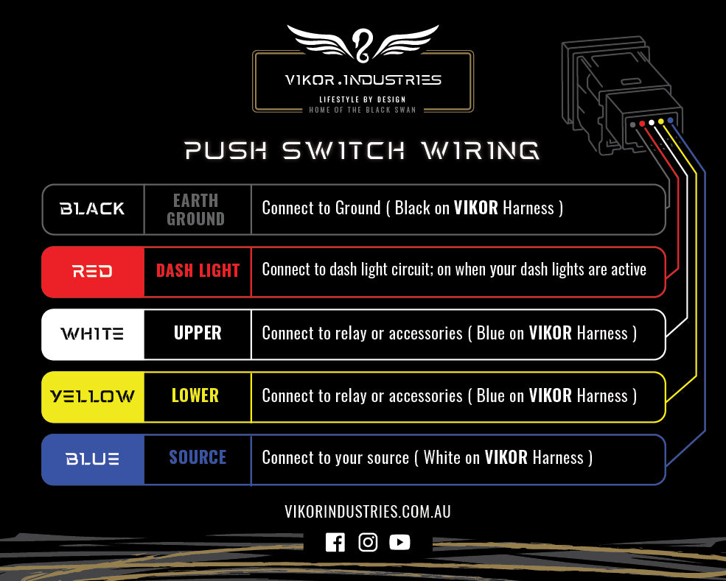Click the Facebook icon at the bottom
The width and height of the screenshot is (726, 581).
click(335, 543)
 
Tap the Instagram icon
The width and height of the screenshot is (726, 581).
click(368, 543)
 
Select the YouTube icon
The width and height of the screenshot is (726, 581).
click(399, 543)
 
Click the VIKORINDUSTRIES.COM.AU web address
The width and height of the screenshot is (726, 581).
click(367, 511)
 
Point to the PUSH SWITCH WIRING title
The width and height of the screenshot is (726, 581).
click(362, 151)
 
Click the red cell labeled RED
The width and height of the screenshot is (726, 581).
click(93, 272)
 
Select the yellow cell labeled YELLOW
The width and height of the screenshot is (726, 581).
click(93, 397)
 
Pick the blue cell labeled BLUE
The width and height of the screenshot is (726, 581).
click(93, 459)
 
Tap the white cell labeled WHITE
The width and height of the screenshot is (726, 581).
click(93, 334)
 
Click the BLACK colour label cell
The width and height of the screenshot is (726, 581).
click(93, 209)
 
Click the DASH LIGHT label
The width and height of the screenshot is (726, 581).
click(198, 271)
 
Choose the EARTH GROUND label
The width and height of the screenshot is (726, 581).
click(195, 209)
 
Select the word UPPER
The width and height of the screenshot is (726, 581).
click(198, 333)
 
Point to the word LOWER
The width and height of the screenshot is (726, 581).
click(195, 395)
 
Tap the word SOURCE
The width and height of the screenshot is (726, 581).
click(198, 457)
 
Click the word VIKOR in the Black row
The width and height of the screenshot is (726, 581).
click(475, 208)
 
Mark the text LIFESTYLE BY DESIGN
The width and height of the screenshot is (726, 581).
click(362, 99)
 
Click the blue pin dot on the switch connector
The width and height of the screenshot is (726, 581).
click(670, 120)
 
